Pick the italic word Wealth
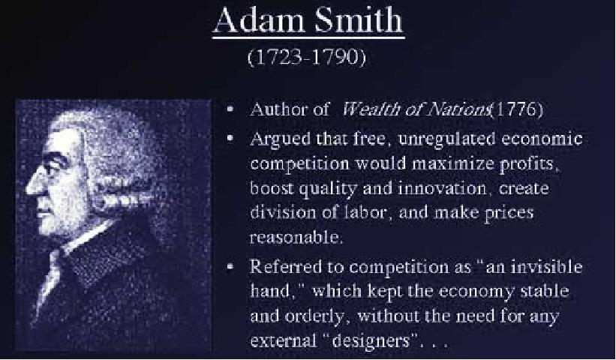point(371,109)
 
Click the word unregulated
point(446,139)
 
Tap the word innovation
point(443,188)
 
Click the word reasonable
point(296,237)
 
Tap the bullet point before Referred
point(230,267)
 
